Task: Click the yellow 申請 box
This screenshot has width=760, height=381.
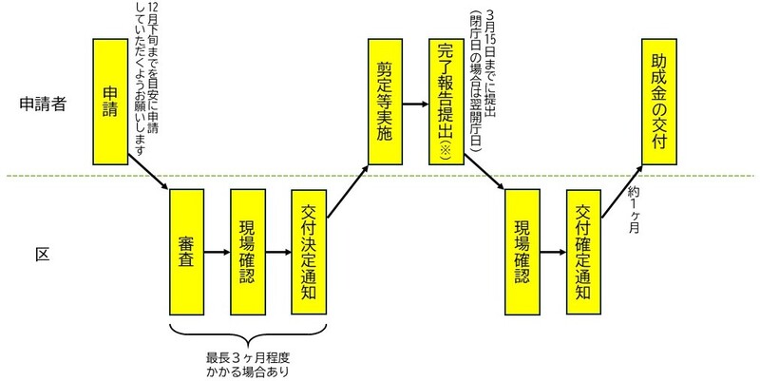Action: [110, 100]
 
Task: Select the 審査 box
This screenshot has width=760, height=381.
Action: [187, 253]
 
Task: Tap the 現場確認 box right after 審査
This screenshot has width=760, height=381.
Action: [248, 253]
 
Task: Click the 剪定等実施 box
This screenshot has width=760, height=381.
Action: [384, 100]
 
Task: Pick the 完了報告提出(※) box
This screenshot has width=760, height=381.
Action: [446, 103]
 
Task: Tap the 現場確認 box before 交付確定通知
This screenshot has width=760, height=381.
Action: [522, 253]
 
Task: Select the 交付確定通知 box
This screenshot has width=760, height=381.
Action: [583, 253]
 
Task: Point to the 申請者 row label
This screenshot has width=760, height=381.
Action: [45, 104]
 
